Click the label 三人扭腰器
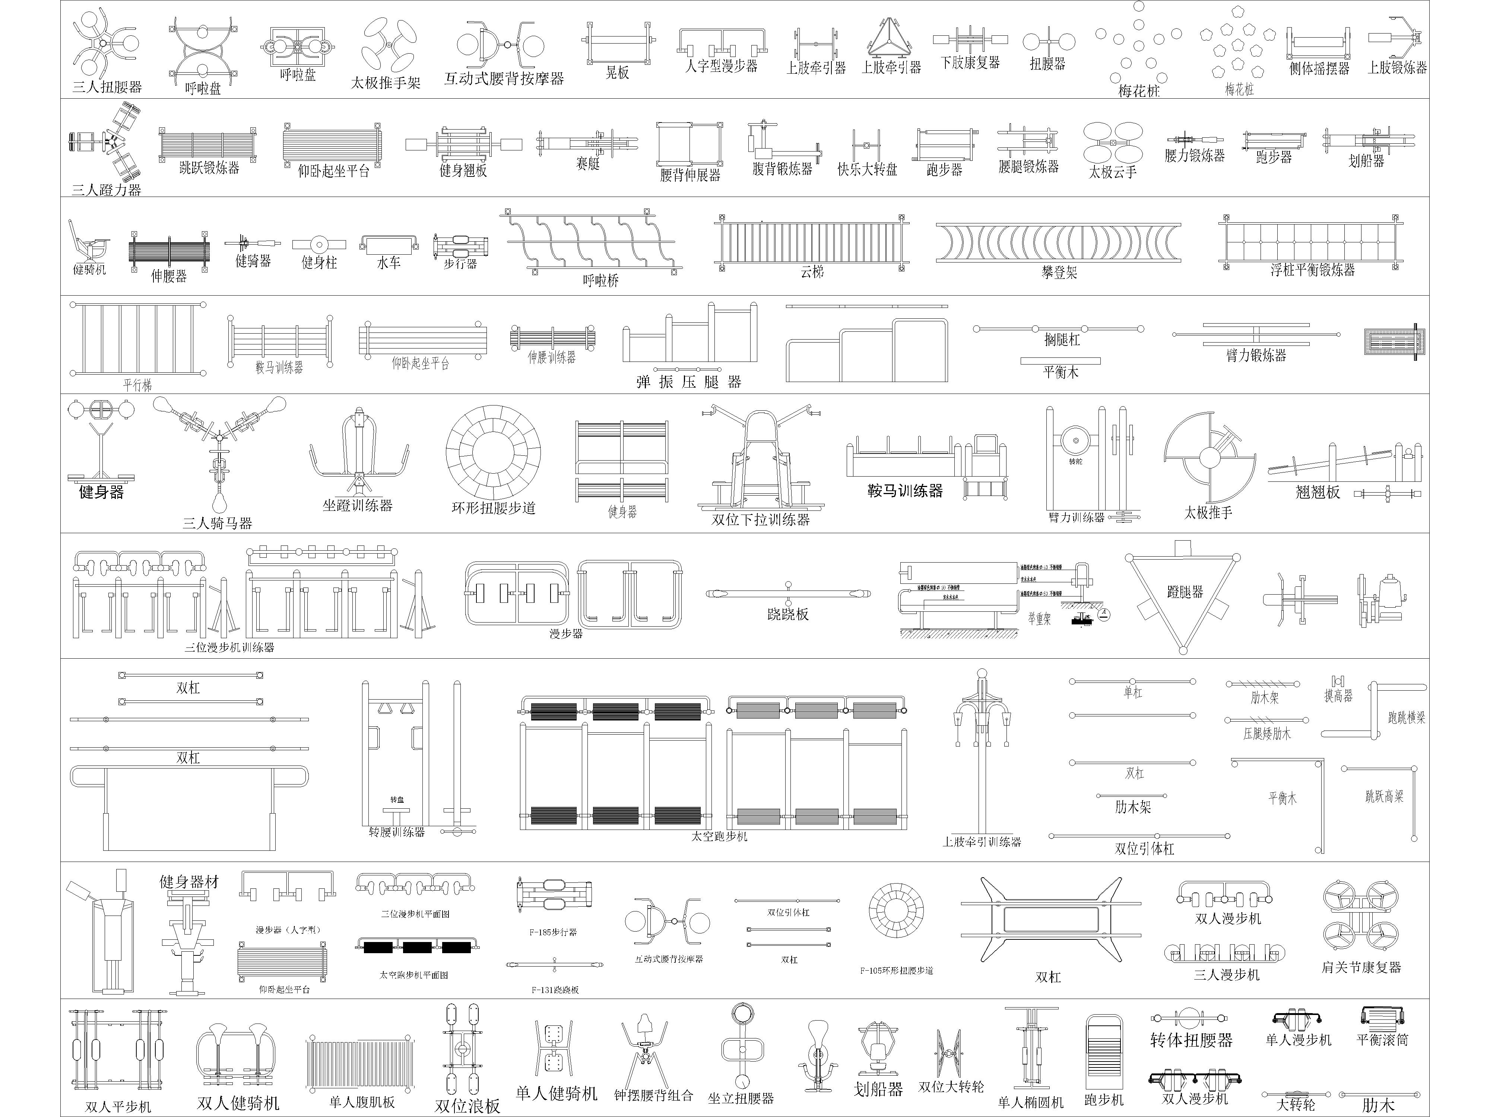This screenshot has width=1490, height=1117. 107,87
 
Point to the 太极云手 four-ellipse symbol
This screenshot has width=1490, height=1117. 1113,142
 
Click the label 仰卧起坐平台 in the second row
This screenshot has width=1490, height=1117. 333,171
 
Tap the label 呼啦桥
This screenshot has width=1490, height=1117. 600,280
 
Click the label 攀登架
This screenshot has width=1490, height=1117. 1059,272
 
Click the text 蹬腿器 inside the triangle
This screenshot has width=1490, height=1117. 1185,592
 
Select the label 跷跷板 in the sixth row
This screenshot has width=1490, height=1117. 787,614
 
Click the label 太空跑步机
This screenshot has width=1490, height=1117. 719,836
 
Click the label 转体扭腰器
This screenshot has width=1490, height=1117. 1191,1040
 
